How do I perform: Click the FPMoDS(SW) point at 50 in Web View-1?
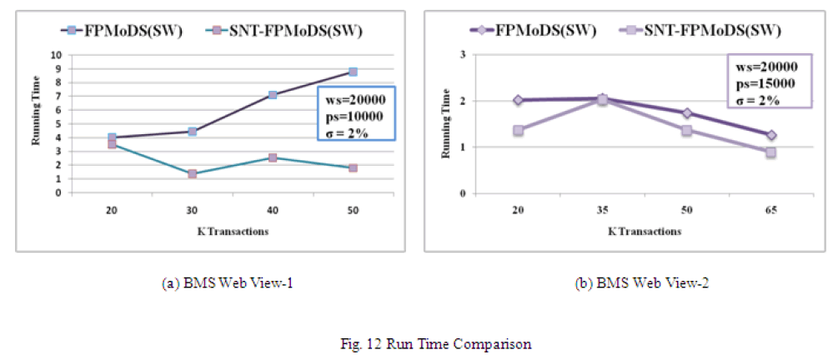coord(353,72)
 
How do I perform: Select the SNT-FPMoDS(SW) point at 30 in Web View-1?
coord(192,174)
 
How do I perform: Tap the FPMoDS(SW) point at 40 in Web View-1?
coord(273,95)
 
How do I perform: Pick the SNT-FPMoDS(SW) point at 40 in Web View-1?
coord(273,157)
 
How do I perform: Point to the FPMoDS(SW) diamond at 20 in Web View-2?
coord(518,100)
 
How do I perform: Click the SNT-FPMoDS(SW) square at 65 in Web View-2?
coord(770,152)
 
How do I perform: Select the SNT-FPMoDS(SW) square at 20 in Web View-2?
coord(518,130)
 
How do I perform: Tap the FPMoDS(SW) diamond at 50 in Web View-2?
coord(686,112)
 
